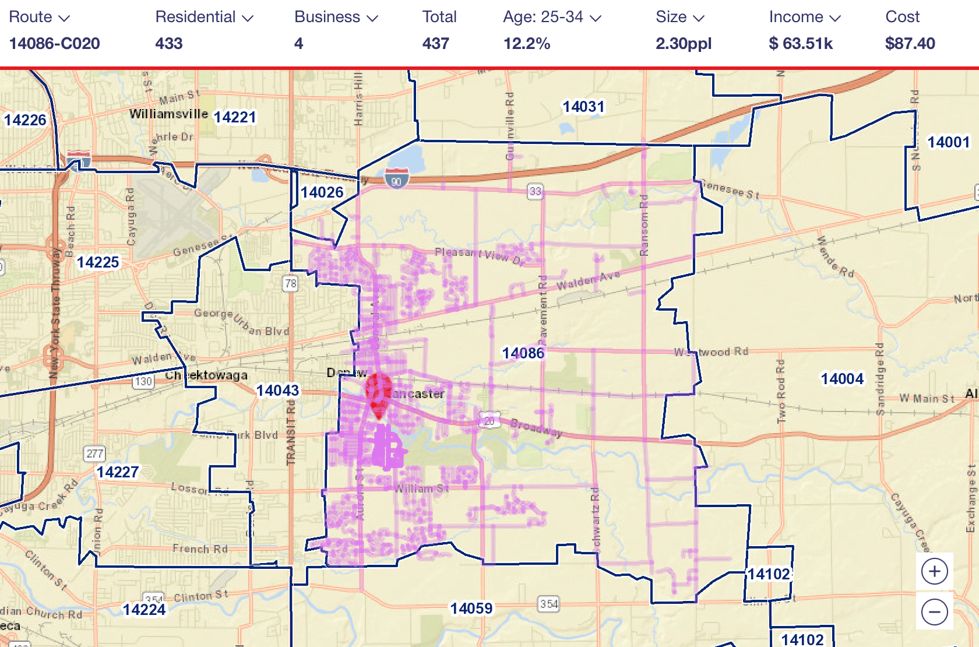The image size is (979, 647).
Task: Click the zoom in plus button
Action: (935, 571)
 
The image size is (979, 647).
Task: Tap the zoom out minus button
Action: (935, 612)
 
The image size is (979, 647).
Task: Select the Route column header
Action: (39, 17)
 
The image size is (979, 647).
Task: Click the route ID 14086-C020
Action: (55, 44)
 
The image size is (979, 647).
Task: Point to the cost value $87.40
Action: (910, 44)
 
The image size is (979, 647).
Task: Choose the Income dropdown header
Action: (805, 17)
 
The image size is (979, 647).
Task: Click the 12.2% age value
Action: (527, 44)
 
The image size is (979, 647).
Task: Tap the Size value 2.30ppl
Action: (684, 44)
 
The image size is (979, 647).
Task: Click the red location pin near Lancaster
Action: (378, 394)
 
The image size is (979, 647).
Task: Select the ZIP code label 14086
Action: (523, 353)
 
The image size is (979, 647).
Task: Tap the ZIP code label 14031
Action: (583, 107)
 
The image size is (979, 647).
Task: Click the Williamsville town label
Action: (168, 114)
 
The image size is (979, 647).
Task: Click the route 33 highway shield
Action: (535, 191)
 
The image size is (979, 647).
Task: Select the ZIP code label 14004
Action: (842, 379)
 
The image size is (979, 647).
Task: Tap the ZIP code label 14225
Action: (98, 262)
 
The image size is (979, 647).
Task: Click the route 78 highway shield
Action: (290, 284)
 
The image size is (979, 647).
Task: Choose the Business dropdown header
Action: (336, 17)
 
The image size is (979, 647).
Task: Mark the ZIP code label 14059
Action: (471, 609)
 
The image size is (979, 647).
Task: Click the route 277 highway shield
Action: (94, 453)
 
